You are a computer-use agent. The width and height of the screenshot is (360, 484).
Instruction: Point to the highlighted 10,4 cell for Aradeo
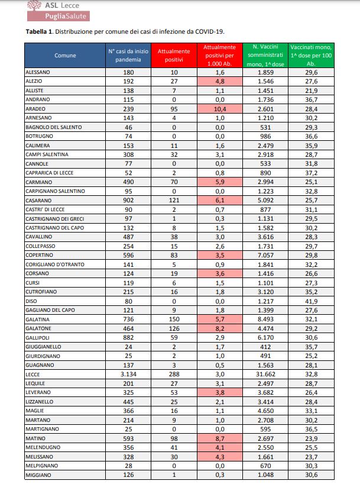click(x=219, y=109)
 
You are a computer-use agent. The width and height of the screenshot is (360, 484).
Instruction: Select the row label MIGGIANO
click(x=38, y=475)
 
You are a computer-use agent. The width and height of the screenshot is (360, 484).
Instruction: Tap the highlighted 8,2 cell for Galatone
click(x=219, y=327)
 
